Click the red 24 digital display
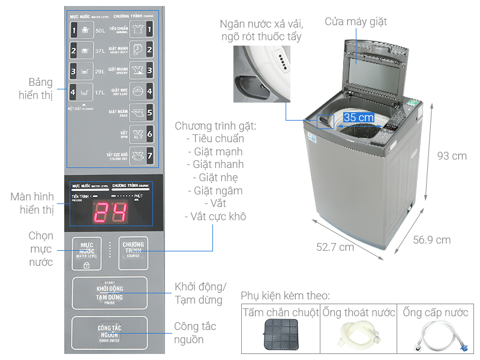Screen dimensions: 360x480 [110, 212]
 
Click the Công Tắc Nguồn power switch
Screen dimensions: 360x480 [109, 333]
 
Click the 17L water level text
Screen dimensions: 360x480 [100, 92]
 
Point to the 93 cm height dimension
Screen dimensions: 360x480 [451, 156]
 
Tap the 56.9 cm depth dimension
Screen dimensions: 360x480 [431, 240]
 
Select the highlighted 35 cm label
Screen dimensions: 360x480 [358, 118]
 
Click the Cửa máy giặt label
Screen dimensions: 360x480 [356, 22]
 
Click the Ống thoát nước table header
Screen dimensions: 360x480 [358, 313]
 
